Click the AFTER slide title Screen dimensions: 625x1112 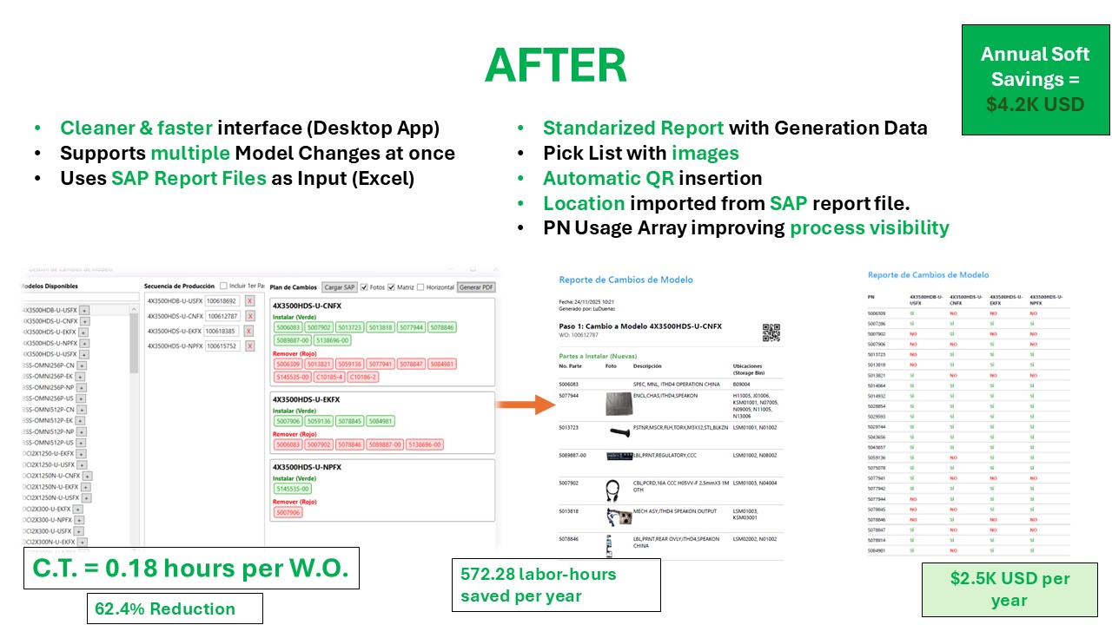555,65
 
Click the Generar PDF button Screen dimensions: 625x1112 476,287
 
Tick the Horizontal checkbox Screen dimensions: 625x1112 420,287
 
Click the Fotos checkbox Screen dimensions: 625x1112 365,287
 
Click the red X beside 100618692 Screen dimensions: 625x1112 249,301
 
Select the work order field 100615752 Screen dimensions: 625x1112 222,346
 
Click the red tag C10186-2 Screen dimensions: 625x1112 365,378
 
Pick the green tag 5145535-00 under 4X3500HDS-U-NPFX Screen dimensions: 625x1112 293,489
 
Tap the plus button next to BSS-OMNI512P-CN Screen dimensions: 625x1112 81,409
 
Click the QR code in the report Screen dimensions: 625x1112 771,332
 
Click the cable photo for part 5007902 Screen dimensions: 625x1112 619,489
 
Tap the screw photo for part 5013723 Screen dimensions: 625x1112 619,430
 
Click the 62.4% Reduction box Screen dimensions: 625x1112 175,609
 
